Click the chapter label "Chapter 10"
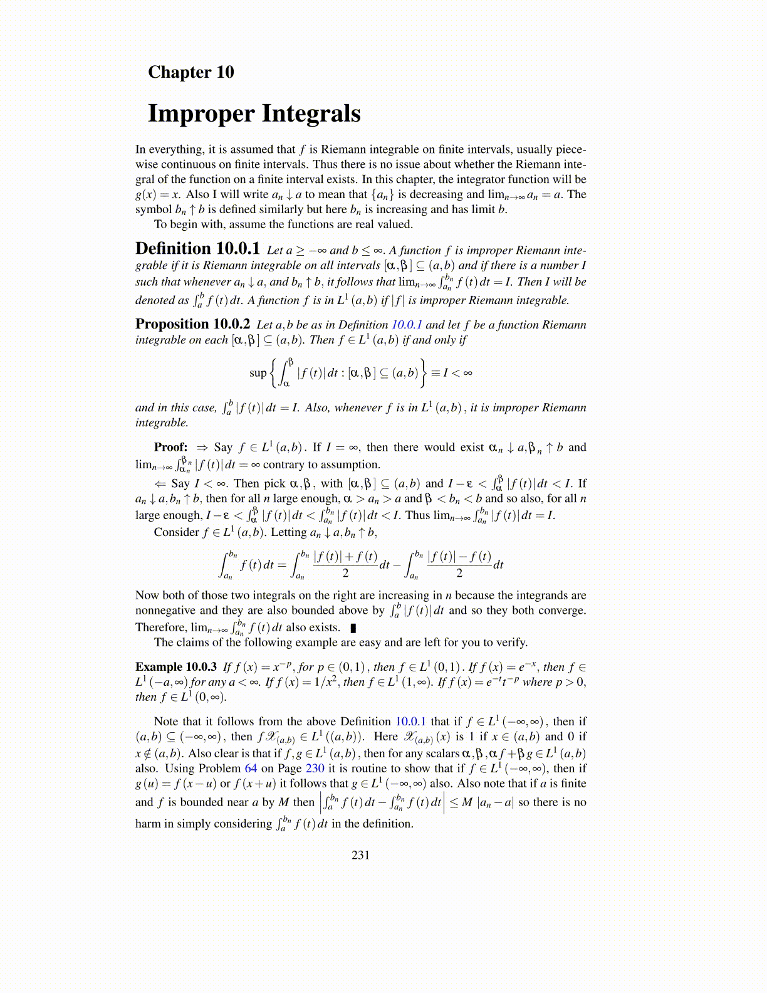point(190,72)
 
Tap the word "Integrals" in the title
point(311,113)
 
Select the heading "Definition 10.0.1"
point(197,249)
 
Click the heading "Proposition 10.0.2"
point(192,324)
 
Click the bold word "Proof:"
point(170,447)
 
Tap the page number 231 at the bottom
point(360,854)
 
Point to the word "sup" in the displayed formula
point(258,373)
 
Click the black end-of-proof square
point(353,628)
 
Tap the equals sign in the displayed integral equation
point(281,564)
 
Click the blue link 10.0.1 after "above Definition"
point(410,722)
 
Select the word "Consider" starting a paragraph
point(177,532)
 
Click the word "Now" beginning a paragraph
point(147,595)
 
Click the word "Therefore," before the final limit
point(161,628)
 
